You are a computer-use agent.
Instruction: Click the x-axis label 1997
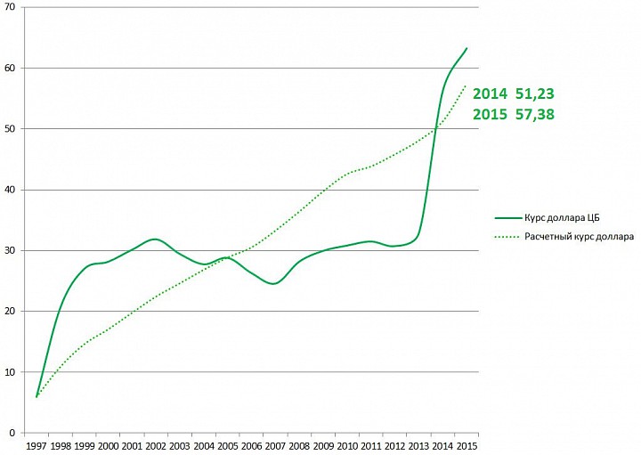tap(37, 445)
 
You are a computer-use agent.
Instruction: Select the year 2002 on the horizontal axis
tap(156, 445)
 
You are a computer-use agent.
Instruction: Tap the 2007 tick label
tap(275, 445)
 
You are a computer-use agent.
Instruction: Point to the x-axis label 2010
tap(346, 445)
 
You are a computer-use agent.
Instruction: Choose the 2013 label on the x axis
tap(418, 445)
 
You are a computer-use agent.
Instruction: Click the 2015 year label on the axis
tap(466, 445)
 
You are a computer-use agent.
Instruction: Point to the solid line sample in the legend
tap(507, 217)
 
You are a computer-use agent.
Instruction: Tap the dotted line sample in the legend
tap(507, 237)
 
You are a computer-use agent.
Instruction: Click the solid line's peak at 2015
tap(467, 48)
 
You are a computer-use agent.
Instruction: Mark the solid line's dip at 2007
tap(273, 283)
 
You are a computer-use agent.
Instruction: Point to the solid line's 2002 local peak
tap(155, 239)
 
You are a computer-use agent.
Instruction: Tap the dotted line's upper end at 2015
tap(466, 85)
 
